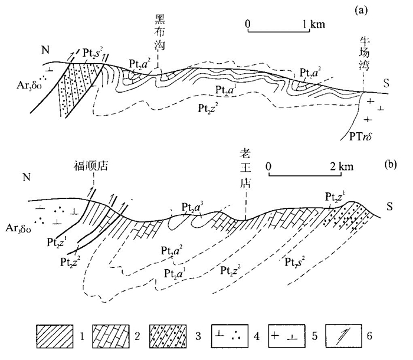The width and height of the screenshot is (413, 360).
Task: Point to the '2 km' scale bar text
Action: pos(340,167)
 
